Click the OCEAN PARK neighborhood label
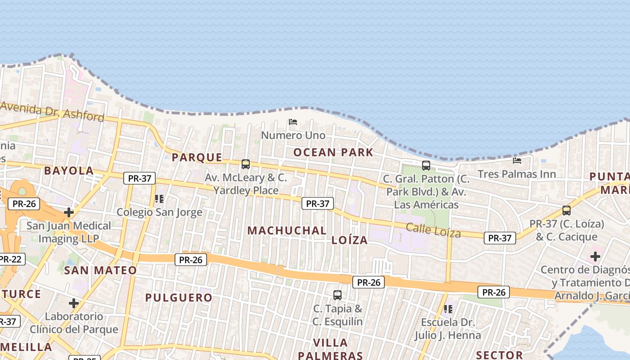[333, 152]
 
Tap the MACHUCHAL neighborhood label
[287, 230]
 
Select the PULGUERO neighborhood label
[179, 297]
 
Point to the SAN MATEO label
[100, 270]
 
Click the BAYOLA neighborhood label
[69, 171]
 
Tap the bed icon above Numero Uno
[293, 122]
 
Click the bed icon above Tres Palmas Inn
[517, 160]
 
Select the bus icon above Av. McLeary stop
[246, 164]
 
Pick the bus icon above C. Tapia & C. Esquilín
[337, 295]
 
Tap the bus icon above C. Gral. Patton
[426, 166]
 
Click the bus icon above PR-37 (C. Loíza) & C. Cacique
[567, 210]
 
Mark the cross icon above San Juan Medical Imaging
[69, 212]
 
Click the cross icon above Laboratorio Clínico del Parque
[74, 303]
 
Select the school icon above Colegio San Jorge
[159, 198]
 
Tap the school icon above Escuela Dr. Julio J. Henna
[448, 309]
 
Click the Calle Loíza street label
[433, 230]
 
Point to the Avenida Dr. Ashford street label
[52, 112]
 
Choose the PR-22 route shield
[10, 259]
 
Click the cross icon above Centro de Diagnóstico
[595, 257]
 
